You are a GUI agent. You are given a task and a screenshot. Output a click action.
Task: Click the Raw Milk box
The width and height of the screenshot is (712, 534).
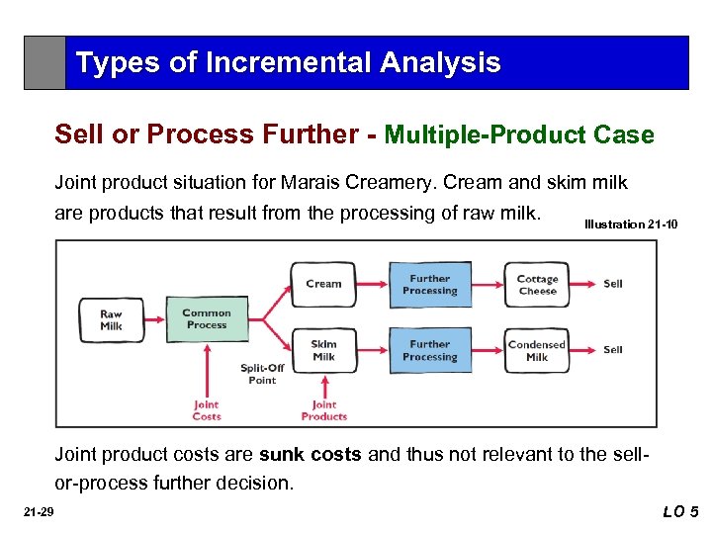[111, 319]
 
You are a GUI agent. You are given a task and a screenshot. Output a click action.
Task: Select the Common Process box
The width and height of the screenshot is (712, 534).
[207, 319]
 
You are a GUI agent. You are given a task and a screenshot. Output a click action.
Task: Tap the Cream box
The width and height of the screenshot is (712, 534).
[323, 284]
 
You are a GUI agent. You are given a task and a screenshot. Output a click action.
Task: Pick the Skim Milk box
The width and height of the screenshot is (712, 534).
[323, 350]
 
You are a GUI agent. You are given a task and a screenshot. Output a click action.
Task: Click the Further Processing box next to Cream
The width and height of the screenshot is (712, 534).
[430, 285]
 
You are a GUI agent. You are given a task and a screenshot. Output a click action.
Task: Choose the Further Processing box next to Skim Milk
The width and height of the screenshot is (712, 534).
[430, 351]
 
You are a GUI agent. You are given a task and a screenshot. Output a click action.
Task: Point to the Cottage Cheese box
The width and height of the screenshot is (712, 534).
[537, 285]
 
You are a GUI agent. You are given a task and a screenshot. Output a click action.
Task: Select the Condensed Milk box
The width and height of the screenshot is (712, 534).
[537, 351]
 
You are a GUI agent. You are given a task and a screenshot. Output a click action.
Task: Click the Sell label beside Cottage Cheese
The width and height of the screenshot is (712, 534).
[613, 284]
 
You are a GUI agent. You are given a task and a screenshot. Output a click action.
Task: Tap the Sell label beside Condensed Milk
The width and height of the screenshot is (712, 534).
[613, 350]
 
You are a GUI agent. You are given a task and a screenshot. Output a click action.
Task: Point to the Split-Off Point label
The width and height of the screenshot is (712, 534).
[262, 374]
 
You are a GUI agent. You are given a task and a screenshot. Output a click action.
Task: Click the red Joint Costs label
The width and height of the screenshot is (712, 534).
[207, 410]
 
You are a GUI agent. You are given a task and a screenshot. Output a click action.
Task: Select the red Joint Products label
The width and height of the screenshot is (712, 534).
[324, 410]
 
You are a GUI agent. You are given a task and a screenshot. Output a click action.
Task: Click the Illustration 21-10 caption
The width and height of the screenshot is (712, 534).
[631, 224]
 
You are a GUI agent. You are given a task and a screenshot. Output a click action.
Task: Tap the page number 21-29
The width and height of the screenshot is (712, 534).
[41, 511]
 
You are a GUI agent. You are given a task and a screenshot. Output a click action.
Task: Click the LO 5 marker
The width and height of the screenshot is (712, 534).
[680, 511]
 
